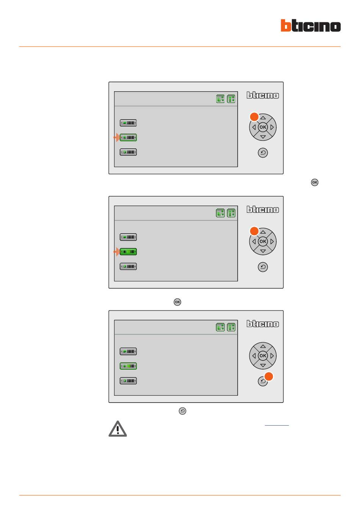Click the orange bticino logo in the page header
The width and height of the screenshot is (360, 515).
(310, 25)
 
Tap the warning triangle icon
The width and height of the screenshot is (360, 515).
(117, 429)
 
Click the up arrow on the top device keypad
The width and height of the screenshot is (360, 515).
(263, 118)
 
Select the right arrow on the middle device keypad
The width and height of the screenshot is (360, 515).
(272, 242)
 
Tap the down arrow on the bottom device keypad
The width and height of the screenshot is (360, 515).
(263, 365)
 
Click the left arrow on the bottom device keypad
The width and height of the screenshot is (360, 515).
(254, 356)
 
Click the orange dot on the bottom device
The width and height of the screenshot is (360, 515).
(268, 376)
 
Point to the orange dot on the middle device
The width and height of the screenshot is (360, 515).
(254, 231)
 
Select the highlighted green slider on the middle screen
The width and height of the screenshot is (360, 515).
(128, 252)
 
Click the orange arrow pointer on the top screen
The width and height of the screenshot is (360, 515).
(116, 137)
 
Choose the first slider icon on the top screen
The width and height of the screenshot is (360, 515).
(128, 123)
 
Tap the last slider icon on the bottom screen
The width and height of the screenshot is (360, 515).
(128, 381)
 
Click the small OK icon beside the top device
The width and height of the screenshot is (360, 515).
(315, 182)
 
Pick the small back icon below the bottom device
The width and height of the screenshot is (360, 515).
(182, 411)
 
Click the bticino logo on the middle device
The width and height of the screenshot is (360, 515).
(263, 209)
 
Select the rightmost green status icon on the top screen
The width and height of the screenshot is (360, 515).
(231, 99)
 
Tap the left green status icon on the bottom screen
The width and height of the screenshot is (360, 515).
(220, 327)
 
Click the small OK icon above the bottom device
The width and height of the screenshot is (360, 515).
(177, 302)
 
